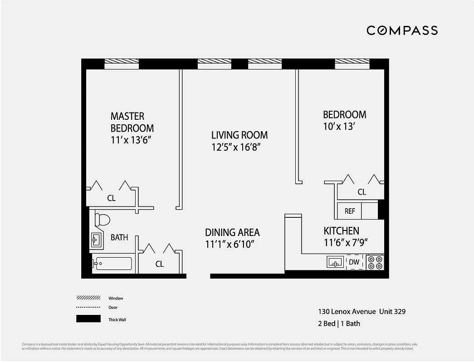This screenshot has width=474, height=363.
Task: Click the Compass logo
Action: tap(402, 30)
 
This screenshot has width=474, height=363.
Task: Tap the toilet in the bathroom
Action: tap(103, 220)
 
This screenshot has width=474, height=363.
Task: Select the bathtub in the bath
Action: tap(112, 263)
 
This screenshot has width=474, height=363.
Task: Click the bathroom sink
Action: tap(97, 239)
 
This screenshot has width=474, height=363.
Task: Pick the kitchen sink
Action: tap(335, 262)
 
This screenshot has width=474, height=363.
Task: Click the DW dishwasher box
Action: tap(354, 262)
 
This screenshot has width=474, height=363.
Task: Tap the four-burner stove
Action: tap(375, 262)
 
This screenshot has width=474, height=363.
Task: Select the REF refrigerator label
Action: tap(349, 211)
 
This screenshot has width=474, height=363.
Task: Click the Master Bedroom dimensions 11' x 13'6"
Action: tap(131, 140)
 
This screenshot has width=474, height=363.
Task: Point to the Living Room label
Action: tap(239, 135)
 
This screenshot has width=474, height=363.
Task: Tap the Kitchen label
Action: tap(341, 231)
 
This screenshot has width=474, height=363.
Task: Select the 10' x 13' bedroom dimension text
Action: tap(338, 127)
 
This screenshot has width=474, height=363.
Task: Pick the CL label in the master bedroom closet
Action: tap(111, 198)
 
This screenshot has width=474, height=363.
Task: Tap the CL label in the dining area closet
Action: tap(159, 264)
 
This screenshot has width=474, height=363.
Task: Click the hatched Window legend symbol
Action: tap(88, 298)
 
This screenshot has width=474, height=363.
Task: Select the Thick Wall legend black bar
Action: tap(88, 319)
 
